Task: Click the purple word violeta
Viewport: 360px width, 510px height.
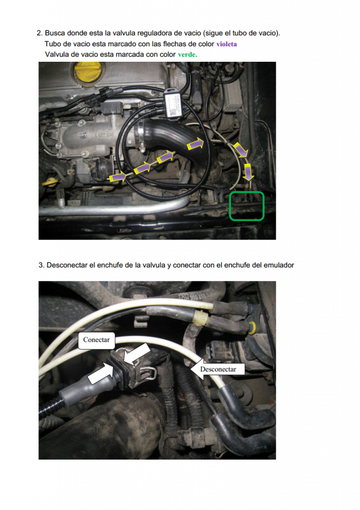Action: (227, 44)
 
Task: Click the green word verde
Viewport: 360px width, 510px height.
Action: (187, 54)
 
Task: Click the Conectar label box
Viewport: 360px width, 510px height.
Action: (96, 340)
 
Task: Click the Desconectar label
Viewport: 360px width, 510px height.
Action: (218, 369)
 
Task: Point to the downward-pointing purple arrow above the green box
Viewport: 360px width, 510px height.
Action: (248, 172)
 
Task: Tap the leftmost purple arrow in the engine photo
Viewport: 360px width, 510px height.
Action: (118, 177)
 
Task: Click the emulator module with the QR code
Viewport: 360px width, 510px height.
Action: (173, 104)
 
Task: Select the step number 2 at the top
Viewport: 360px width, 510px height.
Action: (39, 33)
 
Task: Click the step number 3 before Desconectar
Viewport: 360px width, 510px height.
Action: (41, 265)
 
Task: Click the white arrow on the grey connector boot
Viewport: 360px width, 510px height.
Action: (100, 374)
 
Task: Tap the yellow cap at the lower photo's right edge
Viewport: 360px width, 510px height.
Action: (252, 328)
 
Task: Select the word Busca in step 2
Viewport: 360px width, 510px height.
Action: (55, 33)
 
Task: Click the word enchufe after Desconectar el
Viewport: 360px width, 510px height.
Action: (108, 265)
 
